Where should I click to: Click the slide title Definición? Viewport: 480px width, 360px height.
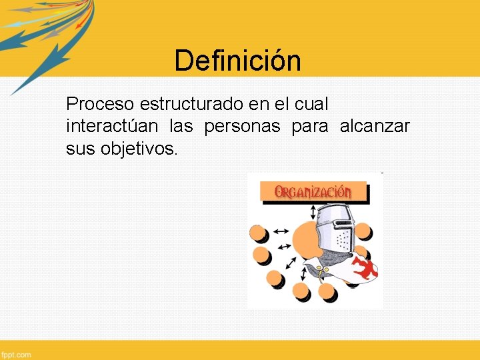237,61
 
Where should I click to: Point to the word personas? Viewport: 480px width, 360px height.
242,126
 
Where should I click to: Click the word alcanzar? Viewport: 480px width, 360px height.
375,126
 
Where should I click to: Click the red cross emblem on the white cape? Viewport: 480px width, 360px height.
365,269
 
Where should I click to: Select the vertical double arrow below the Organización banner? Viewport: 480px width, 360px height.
314,211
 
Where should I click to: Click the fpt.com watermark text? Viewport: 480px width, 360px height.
16,355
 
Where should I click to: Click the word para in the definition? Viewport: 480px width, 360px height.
310,126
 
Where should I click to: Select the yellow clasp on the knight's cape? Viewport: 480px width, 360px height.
322,270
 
